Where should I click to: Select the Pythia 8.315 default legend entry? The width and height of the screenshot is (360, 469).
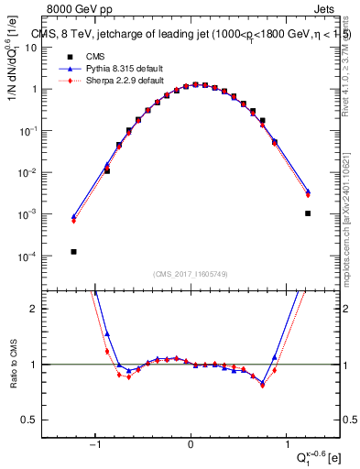coord(101,68)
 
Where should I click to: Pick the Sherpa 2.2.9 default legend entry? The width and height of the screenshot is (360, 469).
coord(101,80)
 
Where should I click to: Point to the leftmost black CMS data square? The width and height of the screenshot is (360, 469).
coord(73,251)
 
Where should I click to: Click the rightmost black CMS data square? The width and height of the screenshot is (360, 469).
coord(308,213)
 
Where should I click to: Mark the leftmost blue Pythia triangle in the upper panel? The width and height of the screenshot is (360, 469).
coord(73,217)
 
